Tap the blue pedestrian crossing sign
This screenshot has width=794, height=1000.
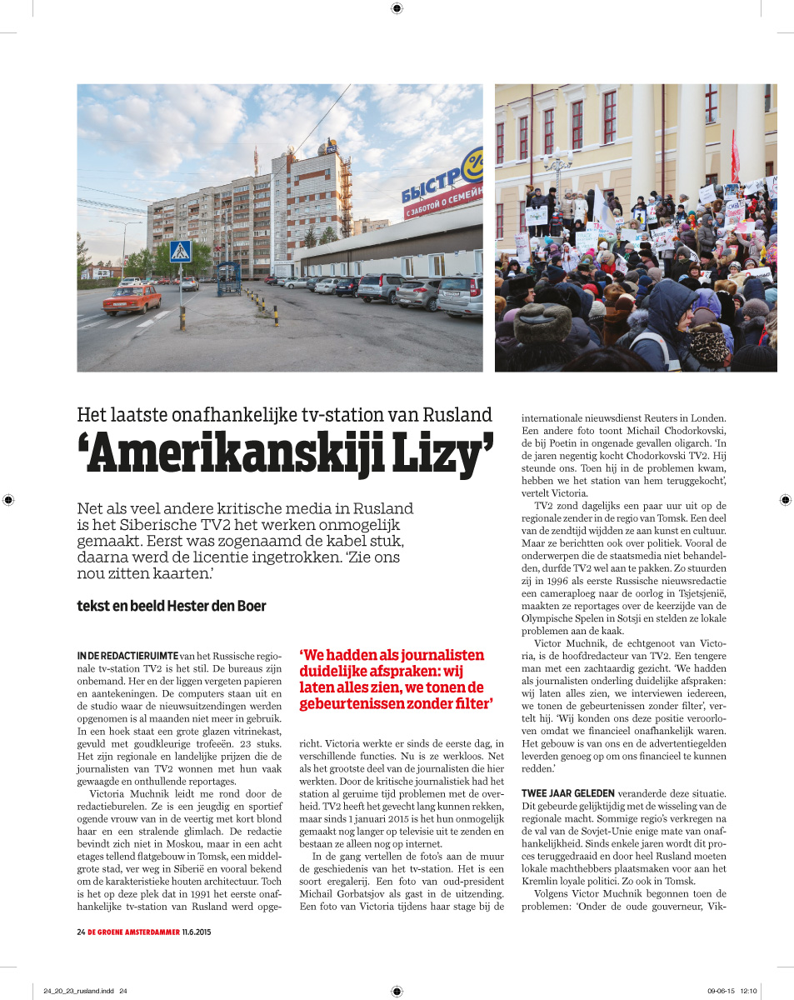click(180, 251)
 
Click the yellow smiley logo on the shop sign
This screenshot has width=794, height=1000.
click(474, 164)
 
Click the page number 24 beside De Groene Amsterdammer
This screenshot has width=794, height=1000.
click(81, 932)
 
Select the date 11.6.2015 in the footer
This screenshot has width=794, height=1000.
click(196, 932)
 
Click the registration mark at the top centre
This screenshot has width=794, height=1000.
click(397, 8)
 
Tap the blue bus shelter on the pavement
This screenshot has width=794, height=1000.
click(228, 277)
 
